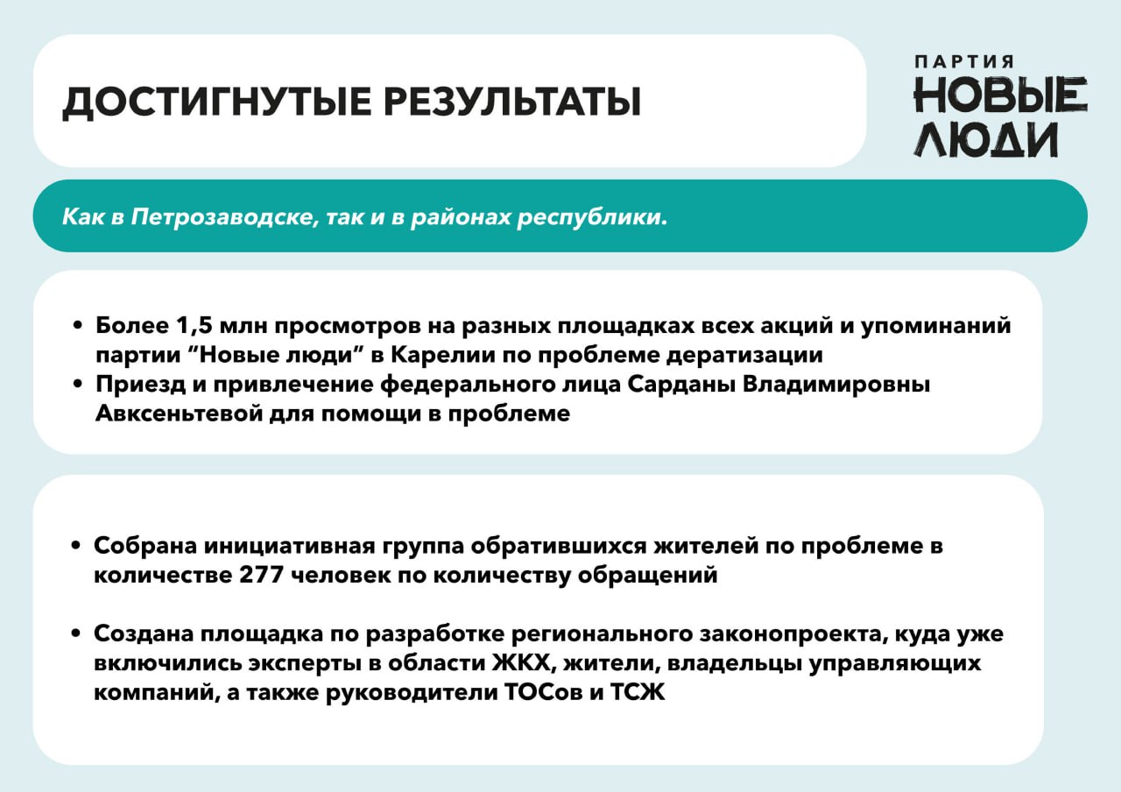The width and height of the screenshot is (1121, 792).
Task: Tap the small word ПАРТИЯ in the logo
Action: [x=964, y=61]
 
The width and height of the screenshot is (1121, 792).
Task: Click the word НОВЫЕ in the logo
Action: [x=1000, y=95]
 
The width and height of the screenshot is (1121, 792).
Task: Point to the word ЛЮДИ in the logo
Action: [x=985, y=139]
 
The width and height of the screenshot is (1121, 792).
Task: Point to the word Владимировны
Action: [x=835, y=385]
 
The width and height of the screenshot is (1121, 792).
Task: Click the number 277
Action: [x=261, y=574]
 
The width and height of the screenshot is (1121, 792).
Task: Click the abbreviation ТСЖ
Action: [x=637, y=693]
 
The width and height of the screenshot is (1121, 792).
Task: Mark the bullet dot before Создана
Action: [x=76, y=633]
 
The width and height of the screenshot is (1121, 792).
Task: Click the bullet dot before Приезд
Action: [x=77, y=385]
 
